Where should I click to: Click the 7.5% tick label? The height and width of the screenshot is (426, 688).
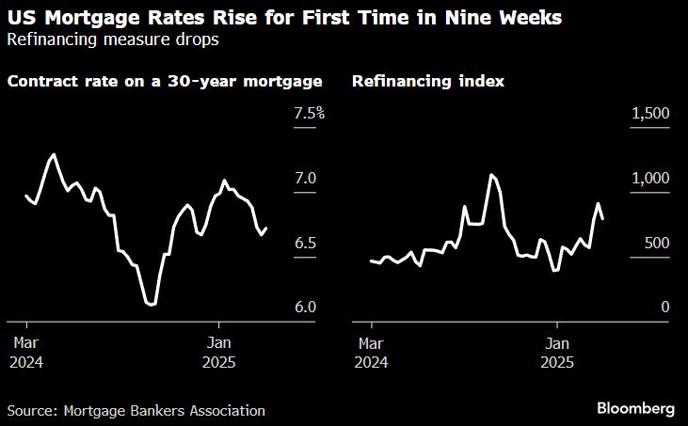309,114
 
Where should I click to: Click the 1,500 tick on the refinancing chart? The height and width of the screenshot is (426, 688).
650,114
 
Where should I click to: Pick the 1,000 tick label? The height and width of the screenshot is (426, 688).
650,179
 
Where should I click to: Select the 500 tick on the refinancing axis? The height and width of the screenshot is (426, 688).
656,244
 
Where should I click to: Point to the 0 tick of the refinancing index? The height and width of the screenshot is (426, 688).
664,308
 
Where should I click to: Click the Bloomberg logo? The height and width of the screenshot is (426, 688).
636,409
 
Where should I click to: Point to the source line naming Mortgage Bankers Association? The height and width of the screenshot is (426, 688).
136,410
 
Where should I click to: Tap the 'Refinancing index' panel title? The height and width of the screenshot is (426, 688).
427,81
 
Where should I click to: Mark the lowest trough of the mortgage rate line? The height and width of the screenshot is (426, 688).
151,305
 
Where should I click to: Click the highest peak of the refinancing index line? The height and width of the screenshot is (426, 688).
491,175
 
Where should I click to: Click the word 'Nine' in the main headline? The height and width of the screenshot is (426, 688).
469,17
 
